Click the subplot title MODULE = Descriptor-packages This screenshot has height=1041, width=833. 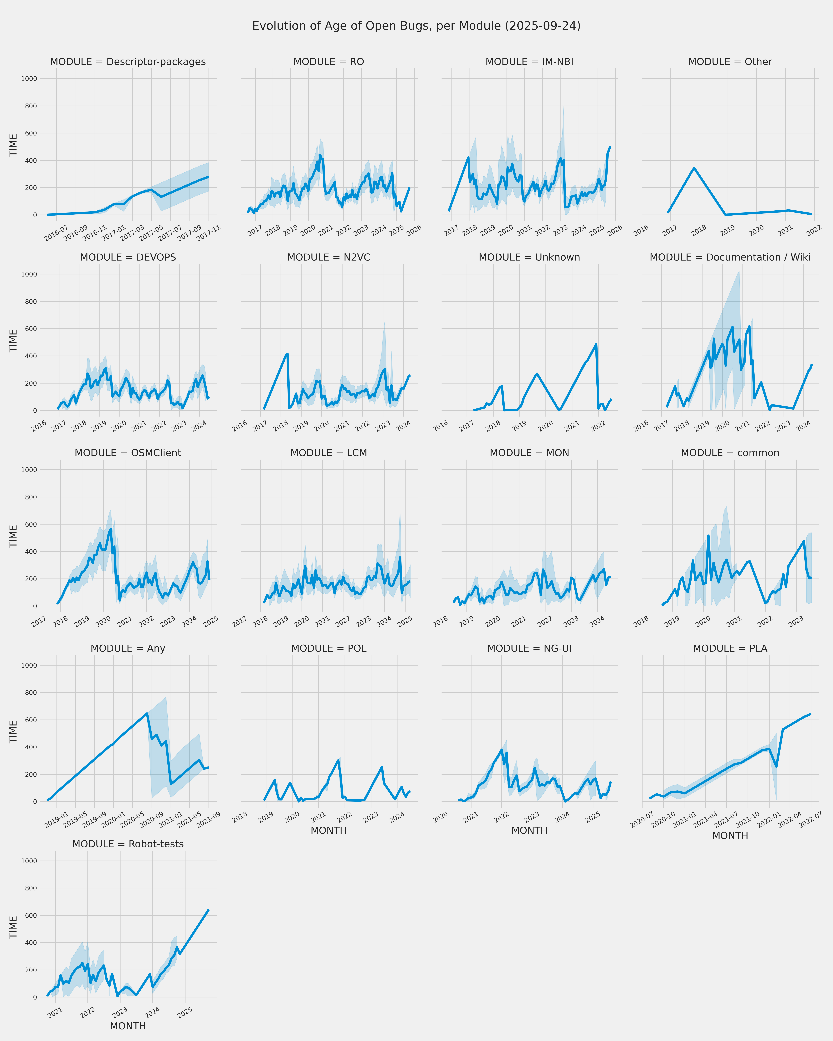(128, 62)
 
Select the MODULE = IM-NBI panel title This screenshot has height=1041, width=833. (529, 62)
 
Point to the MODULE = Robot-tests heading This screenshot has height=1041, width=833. (128, 844)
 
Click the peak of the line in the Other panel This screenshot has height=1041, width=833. (694, 168)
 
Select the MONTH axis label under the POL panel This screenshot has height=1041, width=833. (328, 830)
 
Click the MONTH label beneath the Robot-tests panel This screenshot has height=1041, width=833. (128, 1026)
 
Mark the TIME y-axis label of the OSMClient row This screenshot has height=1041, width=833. (13, 536)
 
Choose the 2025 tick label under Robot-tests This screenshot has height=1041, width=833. (185, 1013)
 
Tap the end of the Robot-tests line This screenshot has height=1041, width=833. (209, 910)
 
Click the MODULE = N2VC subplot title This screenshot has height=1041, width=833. (328, 257)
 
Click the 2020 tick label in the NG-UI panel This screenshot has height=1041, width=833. (440, 817)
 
